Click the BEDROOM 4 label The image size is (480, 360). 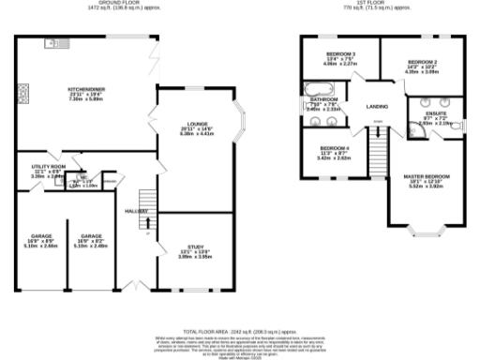coord(335,148)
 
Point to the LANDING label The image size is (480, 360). coord(377,107)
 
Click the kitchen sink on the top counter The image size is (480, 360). coord(52,44)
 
